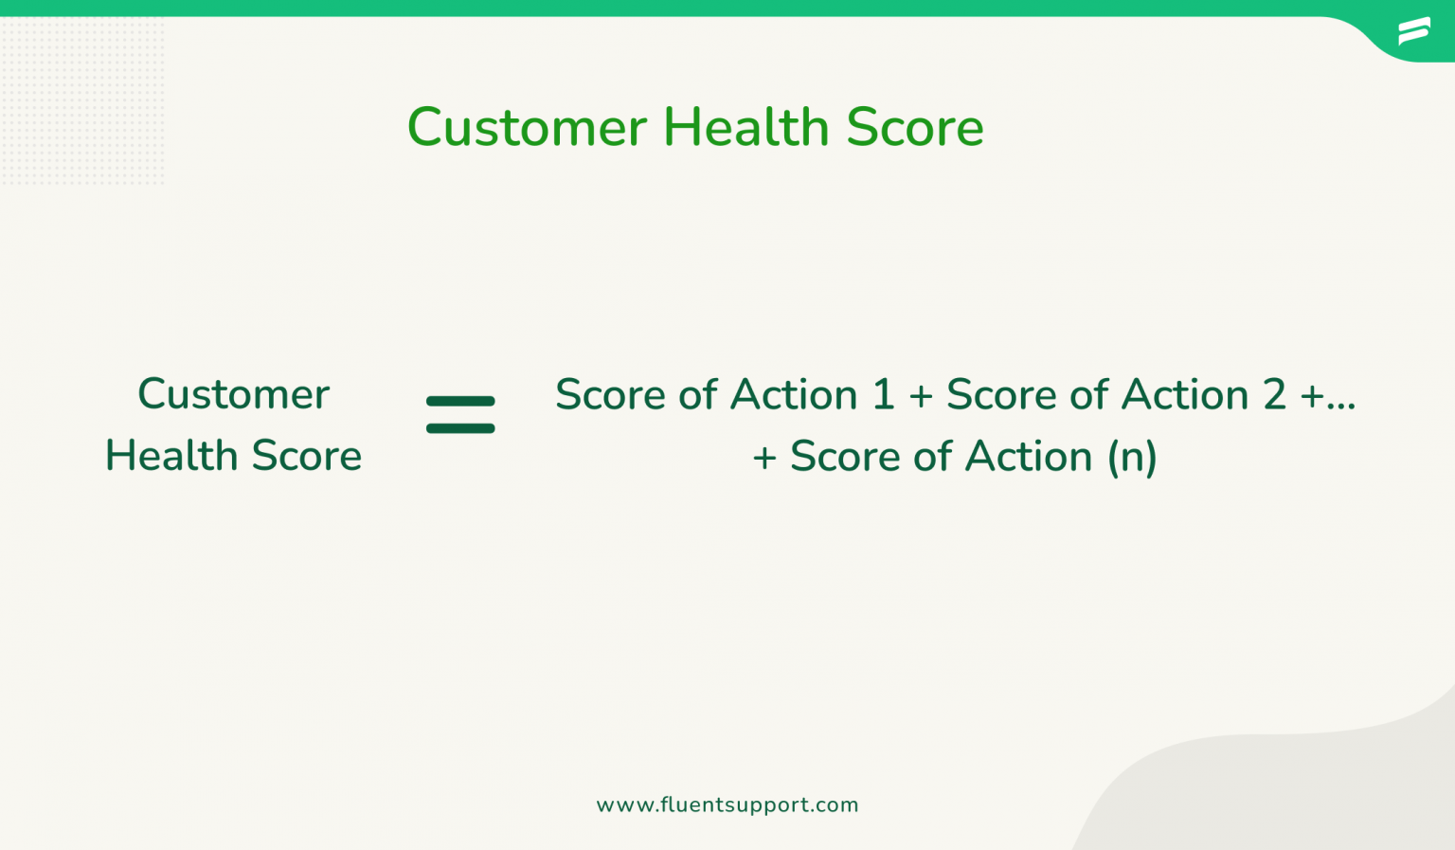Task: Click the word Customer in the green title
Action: (527, 127)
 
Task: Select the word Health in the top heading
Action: (745, 127)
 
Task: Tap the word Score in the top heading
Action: (914, 127)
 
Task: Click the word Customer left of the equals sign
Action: (233, 394)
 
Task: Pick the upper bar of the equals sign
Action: (460, 402)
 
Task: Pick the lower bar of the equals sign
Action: (460, 428)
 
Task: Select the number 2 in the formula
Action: (1274, 395)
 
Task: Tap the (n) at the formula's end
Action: (1132, 457)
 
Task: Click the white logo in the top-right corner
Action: (1413, 31)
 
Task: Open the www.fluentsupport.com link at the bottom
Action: (727, 805)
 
